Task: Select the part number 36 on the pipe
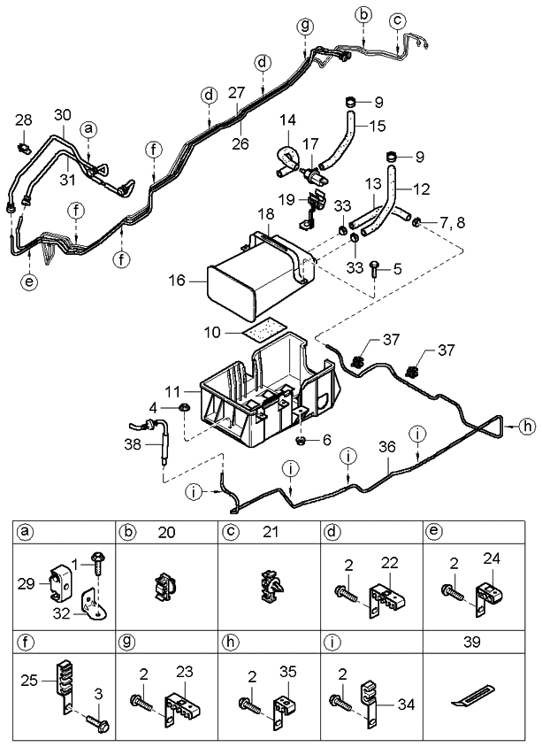[x=386, y=448]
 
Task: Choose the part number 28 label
[x=23, y=119]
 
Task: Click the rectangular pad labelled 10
[x=259, y=328]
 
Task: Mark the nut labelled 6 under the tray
[x=302, y=439]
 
